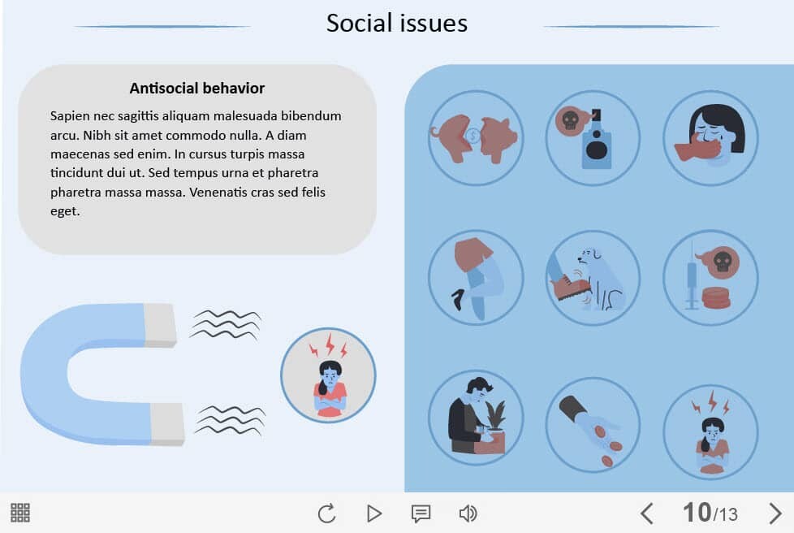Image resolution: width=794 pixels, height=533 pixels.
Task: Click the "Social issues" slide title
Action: [396, 24]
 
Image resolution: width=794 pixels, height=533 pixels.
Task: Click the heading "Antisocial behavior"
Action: [197, 89]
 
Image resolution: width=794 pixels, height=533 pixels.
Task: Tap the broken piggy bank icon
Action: [476, 138]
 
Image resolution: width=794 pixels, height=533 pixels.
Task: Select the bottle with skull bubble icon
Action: [593, 138]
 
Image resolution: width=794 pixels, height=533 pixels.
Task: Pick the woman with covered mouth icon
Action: [710, 138]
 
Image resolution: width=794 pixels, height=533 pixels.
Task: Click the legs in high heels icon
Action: [476, 278]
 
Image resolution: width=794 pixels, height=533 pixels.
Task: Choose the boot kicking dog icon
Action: [593, 278]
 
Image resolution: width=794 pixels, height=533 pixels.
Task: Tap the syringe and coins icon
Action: [710, 278]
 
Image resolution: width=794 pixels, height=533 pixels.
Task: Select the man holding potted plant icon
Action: [476, 418]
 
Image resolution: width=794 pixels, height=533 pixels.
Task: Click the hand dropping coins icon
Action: [593, 425]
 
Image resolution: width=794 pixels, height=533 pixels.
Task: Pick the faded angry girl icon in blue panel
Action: [710, 431]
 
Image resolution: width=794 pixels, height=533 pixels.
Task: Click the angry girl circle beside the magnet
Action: [328, 375]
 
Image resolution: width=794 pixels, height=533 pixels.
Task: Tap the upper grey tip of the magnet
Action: [161, 325]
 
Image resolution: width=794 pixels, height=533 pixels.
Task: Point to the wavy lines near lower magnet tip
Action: [231, 421]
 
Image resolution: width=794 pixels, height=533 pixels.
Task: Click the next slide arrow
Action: [775, 513]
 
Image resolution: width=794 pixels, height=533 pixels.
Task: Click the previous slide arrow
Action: [646, 513]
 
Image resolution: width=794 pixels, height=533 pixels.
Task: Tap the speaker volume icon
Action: [468, 513]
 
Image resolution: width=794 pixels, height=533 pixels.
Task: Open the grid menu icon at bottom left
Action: [20, 513]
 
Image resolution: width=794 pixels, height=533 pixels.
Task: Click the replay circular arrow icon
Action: [327, 513]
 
